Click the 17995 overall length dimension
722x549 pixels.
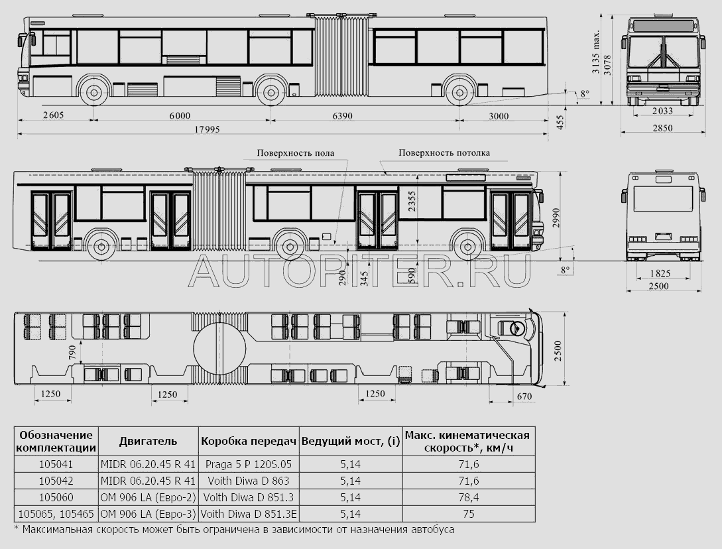tap(207, 129)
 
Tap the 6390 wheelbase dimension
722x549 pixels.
tap(343, 115)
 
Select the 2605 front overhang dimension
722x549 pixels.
tap(53, 115)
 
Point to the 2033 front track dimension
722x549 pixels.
tap(662, 111)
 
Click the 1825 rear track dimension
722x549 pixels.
tap(660, 274)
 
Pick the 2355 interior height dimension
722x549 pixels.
tap(412, 202)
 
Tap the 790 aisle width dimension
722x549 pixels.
tap(72, 352)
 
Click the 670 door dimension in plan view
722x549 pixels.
tap(524, 396)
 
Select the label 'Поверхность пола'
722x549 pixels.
tap(296, 153)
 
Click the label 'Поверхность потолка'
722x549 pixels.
tap(444, 152)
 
